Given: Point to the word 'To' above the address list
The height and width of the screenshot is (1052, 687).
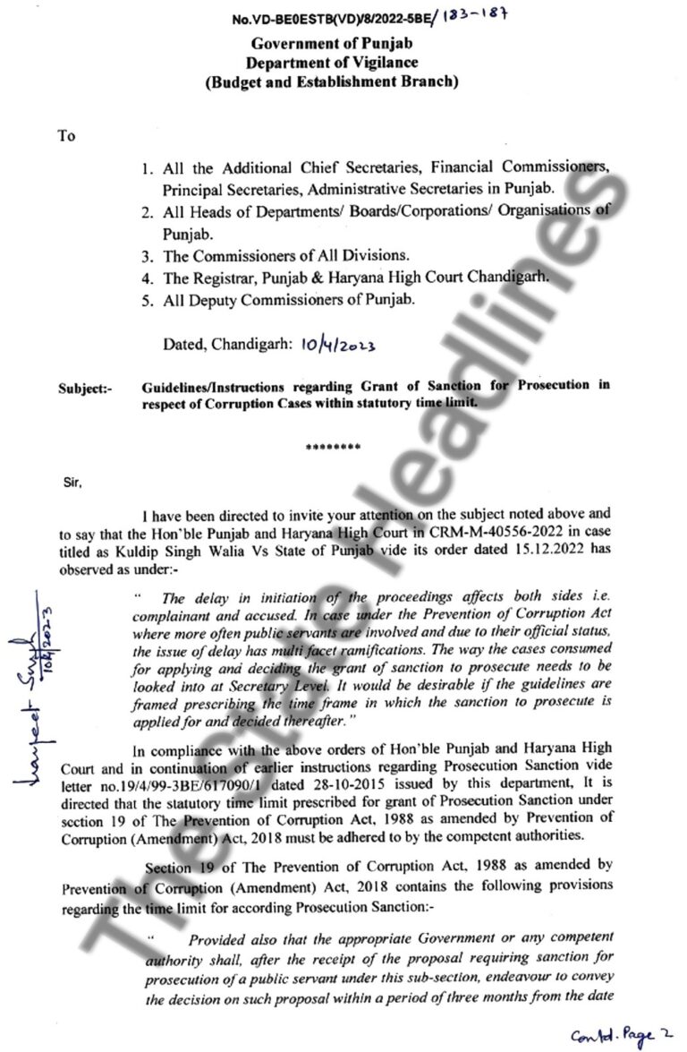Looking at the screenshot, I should click(67, 136).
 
